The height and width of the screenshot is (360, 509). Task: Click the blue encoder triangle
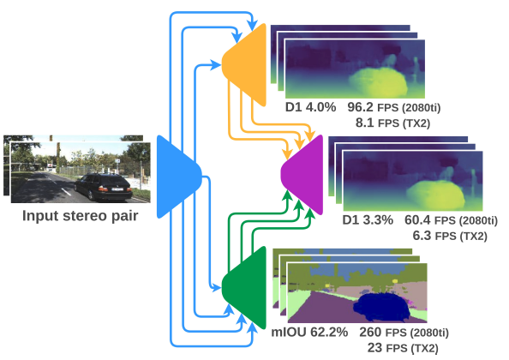[x=177, y=177]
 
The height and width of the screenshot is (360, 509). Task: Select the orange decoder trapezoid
[x=247, y=65]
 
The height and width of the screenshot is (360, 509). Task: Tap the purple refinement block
[x=303, y=175]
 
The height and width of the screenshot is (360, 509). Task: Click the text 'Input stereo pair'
[x=81, y=216]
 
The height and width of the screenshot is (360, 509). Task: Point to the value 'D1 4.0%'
[x=311, y=107]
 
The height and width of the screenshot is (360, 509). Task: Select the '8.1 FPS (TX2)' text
[x=392, y=123]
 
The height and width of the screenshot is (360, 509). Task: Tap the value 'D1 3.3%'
[x=368, y=220]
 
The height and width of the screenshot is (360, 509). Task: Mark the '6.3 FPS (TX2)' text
[x=450, y=236]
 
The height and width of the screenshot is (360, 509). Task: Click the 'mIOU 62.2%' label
[x=309, y=332]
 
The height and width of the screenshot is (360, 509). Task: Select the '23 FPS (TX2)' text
[x=403, y=348]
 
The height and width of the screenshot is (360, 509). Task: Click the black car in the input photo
[x=103, y=187]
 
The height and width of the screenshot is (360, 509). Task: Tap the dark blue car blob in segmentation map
[x=381, y=307]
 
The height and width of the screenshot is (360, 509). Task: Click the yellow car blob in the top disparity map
[x=379, y=81]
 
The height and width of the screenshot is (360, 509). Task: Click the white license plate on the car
[x=117, y=189]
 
